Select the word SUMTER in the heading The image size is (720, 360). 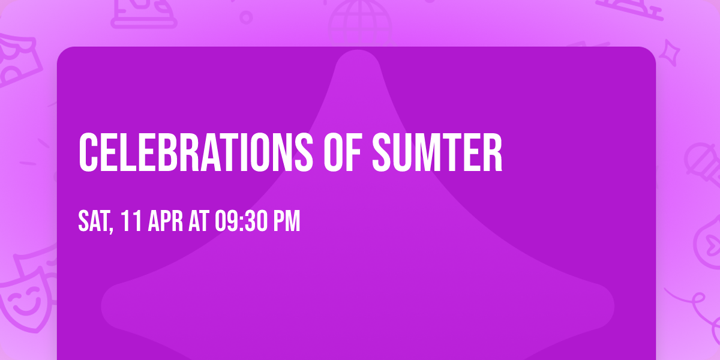click(x=437, y=152)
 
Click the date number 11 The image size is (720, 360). click(x=132, y=221)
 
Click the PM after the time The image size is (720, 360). click(x=286, y=221)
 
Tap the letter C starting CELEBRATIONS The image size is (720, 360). click(x=88, y=152)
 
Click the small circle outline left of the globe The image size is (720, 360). click(x=246, y=17)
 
